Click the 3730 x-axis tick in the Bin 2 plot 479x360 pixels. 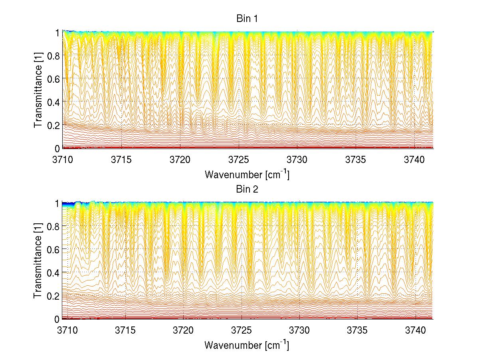(299, 331)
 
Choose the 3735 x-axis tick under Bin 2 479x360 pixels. (357, 331)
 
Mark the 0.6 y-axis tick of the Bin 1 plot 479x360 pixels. (54, 78)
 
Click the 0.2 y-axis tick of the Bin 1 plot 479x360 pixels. (54, 125)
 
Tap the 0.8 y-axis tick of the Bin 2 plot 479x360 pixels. (54, 226)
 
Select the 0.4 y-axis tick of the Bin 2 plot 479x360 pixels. (54, 272)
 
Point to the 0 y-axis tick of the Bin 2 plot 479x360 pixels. (57, 319)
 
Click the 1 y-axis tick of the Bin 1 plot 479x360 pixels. (57, 32)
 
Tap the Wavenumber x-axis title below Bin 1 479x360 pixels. (246, 175)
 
